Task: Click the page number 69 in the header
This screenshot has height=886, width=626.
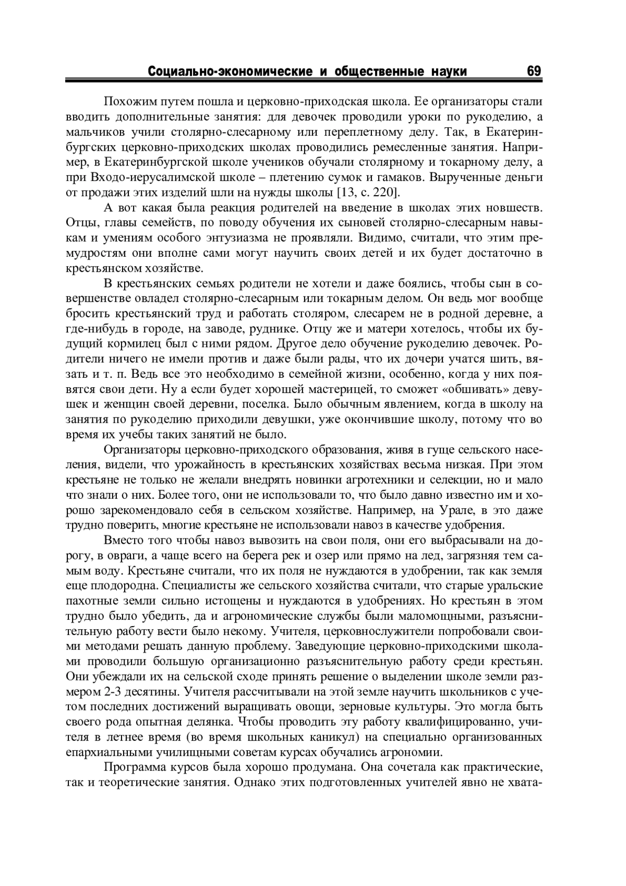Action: tap(534, 71)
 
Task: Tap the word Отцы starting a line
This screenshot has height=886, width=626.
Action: tap(79, 223)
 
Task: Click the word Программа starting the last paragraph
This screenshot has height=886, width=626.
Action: tap(135, 768)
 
